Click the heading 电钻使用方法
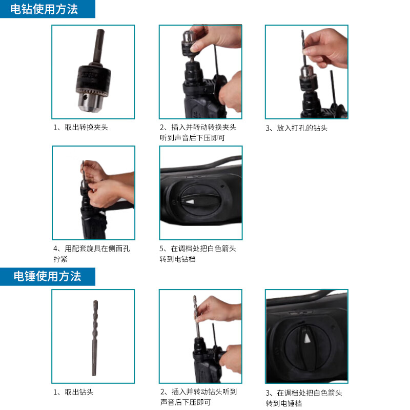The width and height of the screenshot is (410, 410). pyautogui.click(x=45, y=9)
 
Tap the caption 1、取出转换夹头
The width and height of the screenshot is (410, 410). pyautogui.click(x=80, y=127)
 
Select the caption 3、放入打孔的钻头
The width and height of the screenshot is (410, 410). pyautogui.click(x=296, y=128)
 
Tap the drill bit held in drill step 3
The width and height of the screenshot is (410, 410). pyautogui.click(x=304, y=51)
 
